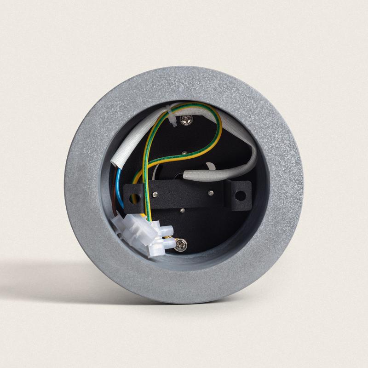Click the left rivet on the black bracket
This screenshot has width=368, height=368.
159,195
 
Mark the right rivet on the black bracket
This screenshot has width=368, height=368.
210,192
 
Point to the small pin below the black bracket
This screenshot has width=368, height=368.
183,210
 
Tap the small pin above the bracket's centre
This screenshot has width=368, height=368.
184,152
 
